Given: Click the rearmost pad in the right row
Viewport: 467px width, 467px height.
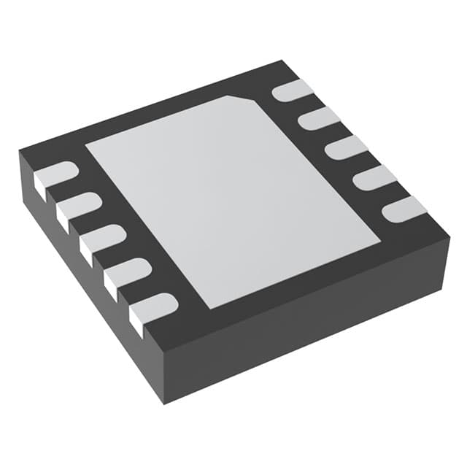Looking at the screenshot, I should [293, 90].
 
